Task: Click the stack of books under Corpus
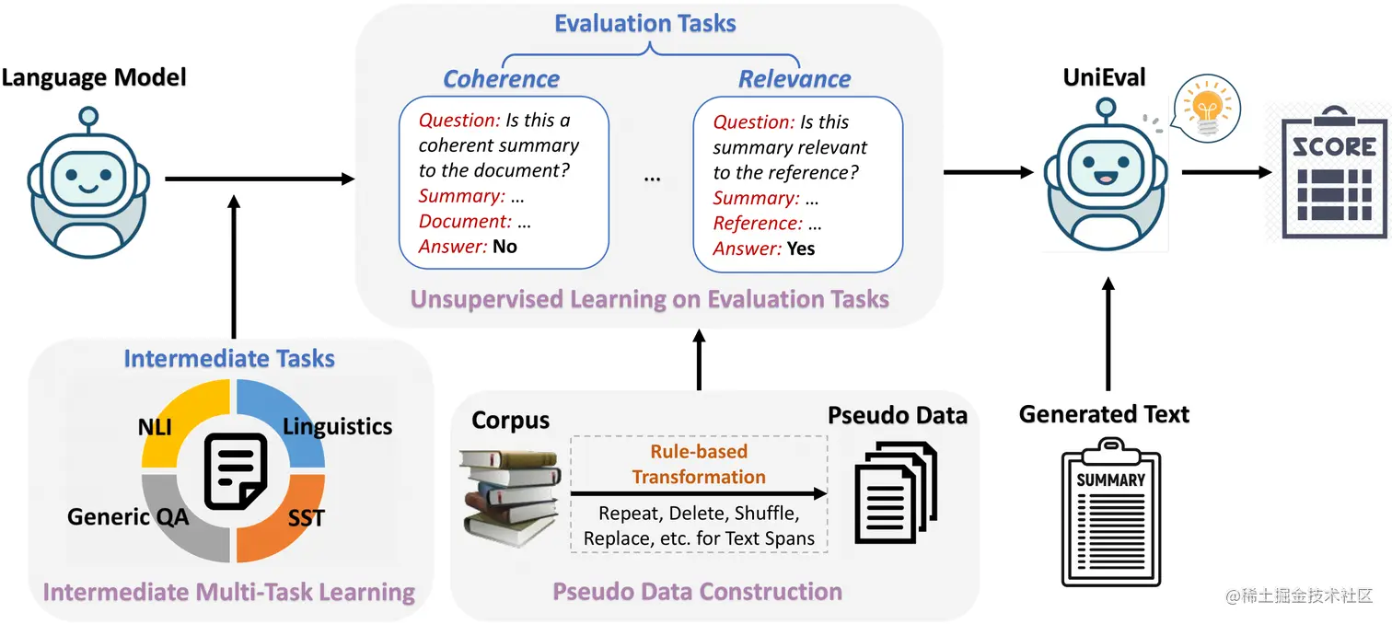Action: coord(509,492)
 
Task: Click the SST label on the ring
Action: coord(306,518)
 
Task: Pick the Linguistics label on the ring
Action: coord(337,427)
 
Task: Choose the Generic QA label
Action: coord(128,516)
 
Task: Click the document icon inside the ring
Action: coord(235,471)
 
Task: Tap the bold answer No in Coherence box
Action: coord(505,246)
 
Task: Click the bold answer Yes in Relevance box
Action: coord(801,248)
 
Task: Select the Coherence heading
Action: coord(502,79)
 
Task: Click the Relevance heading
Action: coord(795,79)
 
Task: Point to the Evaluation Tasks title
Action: coord(645,23)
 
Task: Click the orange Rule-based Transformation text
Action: coord(699,464)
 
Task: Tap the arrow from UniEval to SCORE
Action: coord(1224,171)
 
